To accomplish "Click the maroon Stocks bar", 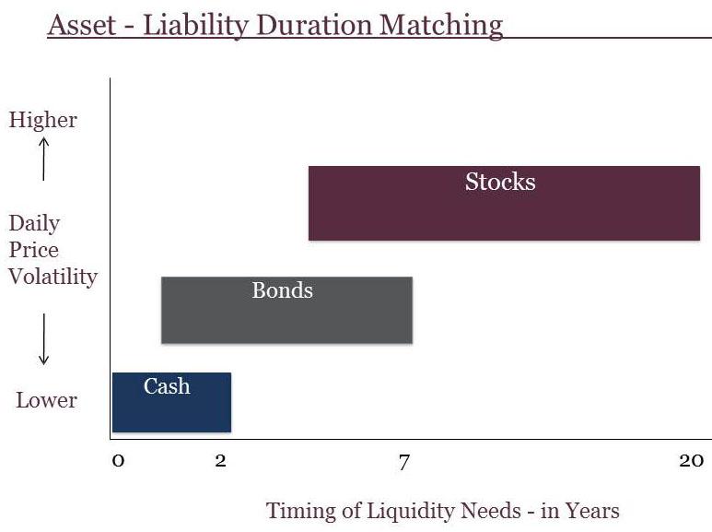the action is point(504,203).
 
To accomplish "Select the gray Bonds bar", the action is point(287,310).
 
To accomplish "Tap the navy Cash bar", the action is point(171,402).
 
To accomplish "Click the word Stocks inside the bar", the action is point(500,182).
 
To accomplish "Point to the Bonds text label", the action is point(283,290).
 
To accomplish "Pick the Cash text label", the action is point(167,386).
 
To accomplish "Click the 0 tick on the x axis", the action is point(118,461).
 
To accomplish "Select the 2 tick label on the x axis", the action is point(221,461).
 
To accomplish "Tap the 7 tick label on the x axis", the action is point(403,463).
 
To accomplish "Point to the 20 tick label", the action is point(692,461).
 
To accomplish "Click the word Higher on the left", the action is point(43,120).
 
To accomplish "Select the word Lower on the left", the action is point(46,400).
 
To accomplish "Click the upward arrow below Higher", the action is point(43,160).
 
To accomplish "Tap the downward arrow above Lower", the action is point(43,339).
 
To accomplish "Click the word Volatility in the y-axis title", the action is point(53,277).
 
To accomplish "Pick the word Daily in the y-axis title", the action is point(34,224).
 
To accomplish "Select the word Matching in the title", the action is point(441,27).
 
